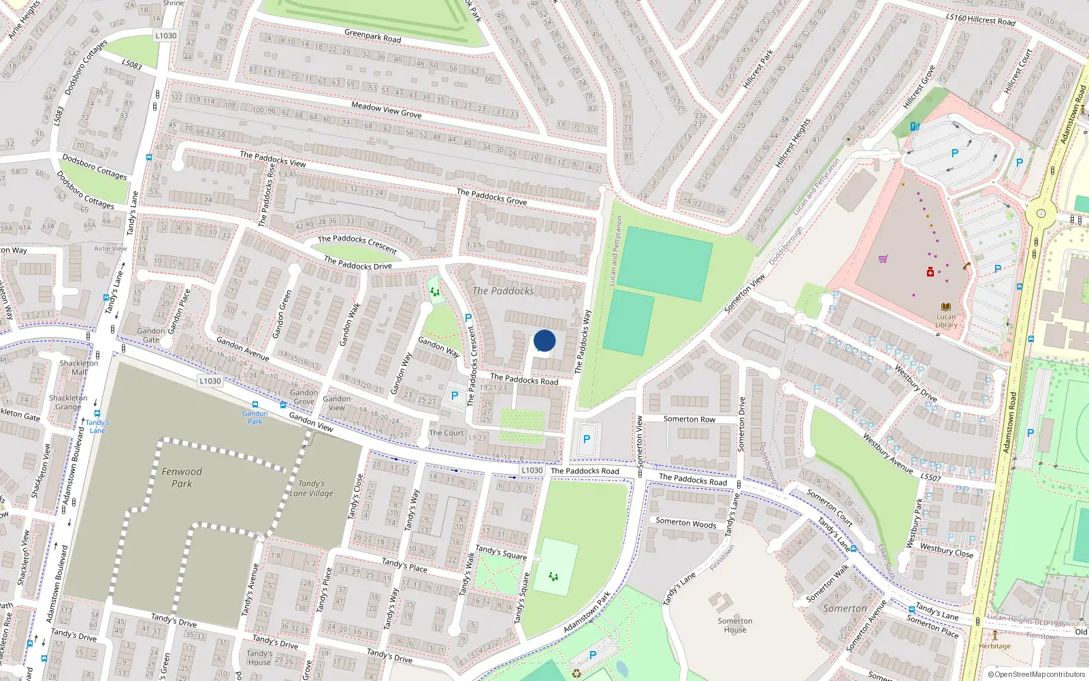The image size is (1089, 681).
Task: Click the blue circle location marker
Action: point(544,340)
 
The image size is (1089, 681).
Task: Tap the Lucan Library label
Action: point(946,320)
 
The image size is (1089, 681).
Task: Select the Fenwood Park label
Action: point(182,477)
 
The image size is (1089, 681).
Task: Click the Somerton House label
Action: point(735,625)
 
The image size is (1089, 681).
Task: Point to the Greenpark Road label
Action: point(373,36)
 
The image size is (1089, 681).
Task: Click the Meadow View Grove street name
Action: point(386,110)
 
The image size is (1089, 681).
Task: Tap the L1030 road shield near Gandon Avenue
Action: point(210,381)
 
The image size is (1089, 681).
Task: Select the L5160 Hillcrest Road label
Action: point(980,20)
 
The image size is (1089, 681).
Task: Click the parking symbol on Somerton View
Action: point(587,440)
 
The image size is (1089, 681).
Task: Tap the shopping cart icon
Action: point(883,259)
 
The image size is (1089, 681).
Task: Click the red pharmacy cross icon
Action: point(930,272)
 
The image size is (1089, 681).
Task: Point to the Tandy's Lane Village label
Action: point(312,488)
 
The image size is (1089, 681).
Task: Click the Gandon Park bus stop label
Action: point(255,417)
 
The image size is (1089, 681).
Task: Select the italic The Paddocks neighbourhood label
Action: point(503,291)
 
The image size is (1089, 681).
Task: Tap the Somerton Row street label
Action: point(689,419)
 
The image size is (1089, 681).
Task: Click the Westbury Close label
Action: point(946,550)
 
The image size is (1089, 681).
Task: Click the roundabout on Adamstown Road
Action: point(1041,214)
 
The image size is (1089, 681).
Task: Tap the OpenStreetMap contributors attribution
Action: point(1036,674)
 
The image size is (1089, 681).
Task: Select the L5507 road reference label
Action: point(930,477)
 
